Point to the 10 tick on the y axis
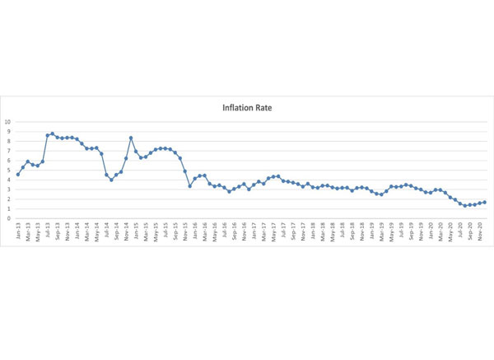pos(8,122)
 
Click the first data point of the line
pos(18,175)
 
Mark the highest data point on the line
pos(53,133)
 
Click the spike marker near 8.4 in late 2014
pos(131,138)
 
